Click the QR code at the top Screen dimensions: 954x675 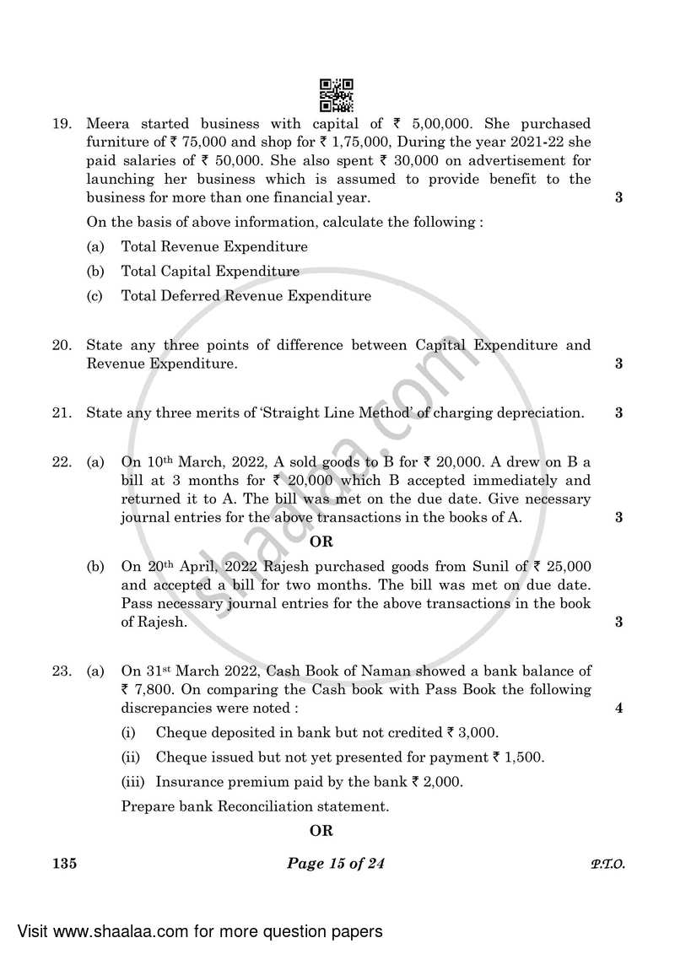[337, 95]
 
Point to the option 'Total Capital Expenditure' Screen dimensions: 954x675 [210, 272]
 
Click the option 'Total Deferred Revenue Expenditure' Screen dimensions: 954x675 [246, 296]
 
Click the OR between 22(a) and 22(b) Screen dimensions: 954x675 [321, 542]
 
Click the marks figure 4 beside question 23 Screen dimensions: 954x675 [619, 709]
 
